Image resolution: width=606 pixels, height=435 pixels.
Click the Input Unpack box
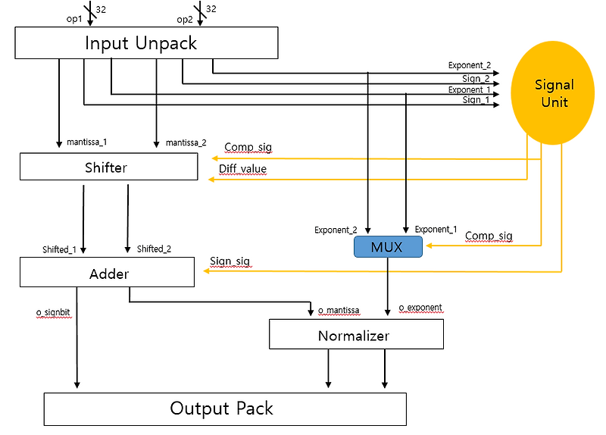click(x=141, y=42)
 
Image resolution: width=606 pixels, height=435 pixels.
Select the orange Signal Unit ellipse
click(x=554, y=93)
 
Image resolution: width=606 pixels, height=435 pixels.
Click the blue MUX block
click(x=388, y=246)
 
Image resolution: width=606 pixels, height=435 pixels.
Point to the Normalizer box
click(x=356, y=334)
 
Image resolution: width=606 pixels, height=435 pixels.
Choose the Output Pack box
click(x=225, y=409)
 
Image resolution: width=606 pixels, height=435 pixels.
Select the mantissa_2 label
click(x=186, y=142)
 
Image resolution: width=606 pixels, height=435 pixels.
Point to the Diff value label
click(x=242, y=168)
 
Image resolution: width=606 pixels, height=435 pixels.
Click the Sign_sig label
click(x=230, y=261)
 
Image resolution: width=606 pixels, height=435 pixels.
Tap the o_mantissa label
click(x=338, y=310)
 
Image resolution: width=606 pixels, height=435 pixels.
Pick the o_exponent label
click(x=420, y=308)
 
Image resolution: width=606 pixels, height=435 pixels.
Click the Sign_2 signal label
click(x=476, y=78)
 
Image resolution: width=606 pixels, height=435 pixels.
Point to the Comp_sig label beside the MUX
click(x=488, y=236)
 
